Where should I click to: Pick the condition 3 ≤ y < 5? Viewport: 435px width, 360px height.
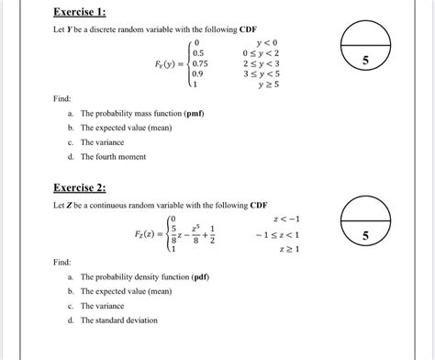tap(262, 76)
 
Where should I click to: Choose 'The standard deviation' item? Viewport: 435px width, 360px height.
tap(120, 321)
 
